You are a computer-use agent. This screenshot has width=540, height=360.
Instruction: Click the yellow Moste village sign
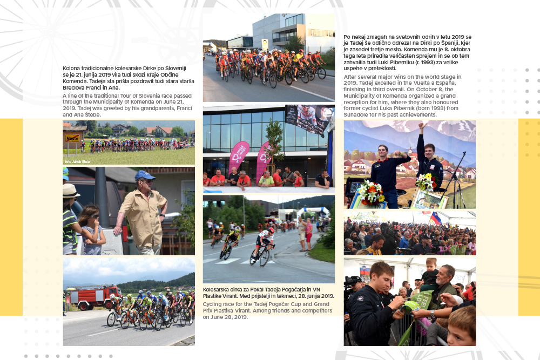pos(72,138)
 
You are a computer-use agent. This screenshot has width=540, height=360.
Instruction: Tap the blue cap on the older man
pos(144,175)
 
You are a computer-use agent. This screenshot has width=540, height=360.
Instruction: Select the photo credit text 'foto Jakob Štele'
pos(77,161)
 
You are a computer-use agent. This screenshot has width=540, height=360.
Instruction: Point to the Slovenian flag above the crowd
pos(435,218)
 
